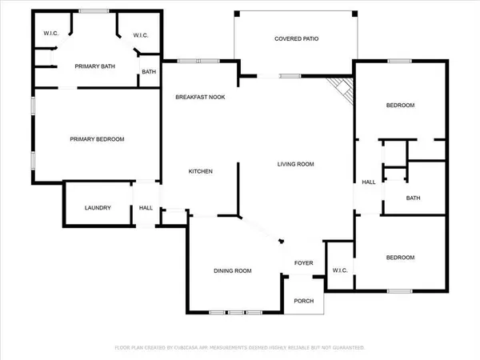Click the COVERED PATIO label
296,39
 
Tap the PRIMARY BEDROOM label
97,139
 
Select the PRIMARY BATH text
95,66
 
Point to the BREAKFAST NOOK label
200,98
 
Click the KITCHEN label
201,171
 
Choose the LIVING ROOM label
295,164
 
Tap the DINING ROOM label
233,271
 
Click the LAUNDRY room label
98,208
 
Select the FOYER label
304,263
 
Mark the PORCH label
304,302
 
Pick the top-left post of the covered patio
237,14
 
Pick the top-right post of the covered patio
354,14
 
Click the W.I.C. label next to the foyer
340,270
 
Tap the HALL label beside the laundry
146,208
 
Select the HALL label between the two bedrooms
369,182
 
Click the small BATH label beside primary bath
149,72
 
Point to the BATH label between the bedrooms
413,198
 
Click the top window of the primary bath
94,11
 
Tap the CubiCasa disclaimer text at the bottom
240,348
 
